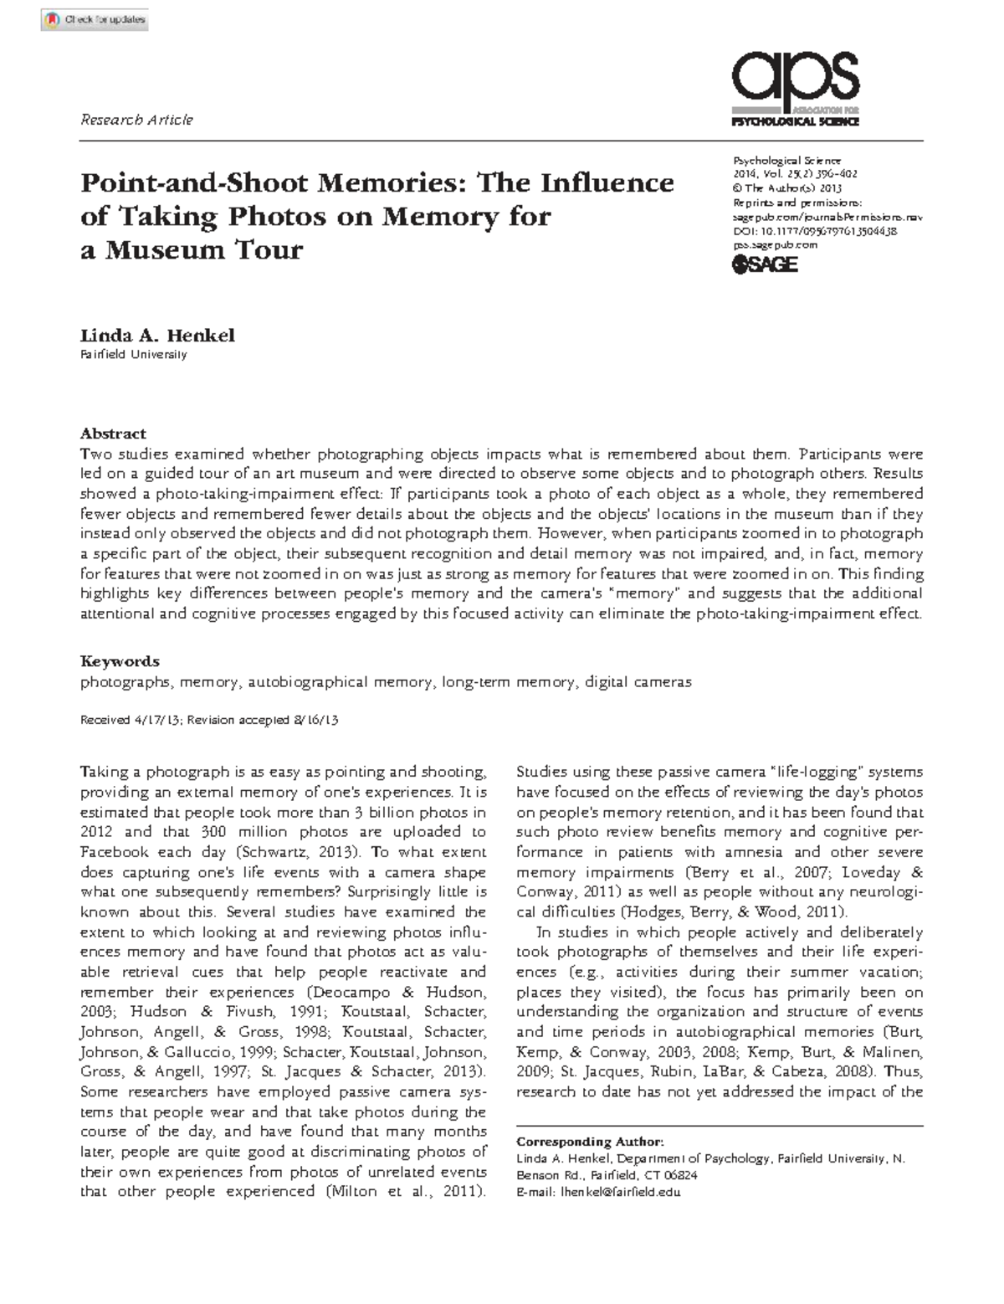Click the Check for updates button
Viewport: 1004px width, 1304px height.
(95, 19)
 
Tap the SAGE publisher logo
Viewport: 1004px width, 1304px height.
(765, 264)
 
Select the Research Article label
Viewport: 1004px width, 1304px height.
(136, 120)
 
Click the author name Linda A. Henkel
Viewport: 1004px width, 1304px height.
(157, 336)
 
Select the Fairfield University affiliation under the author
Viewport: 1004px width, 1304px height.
(133, 355)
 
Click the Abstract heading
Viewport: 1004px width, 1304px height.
(113, 434)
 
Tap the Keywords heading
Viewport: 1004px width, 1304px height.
(120, 661)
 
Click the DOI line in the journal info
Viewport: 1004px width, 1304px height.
(815, 232)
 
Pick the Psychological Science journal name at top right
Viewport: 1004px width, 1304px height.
(786, 161)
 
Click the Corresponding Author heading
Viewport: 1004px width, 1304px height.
(590, 1142)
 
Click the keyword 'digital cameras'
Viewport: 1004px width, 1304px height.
(638, 682)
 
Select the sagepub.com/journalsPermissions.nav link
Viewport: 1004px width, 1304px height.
(827, 218)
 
